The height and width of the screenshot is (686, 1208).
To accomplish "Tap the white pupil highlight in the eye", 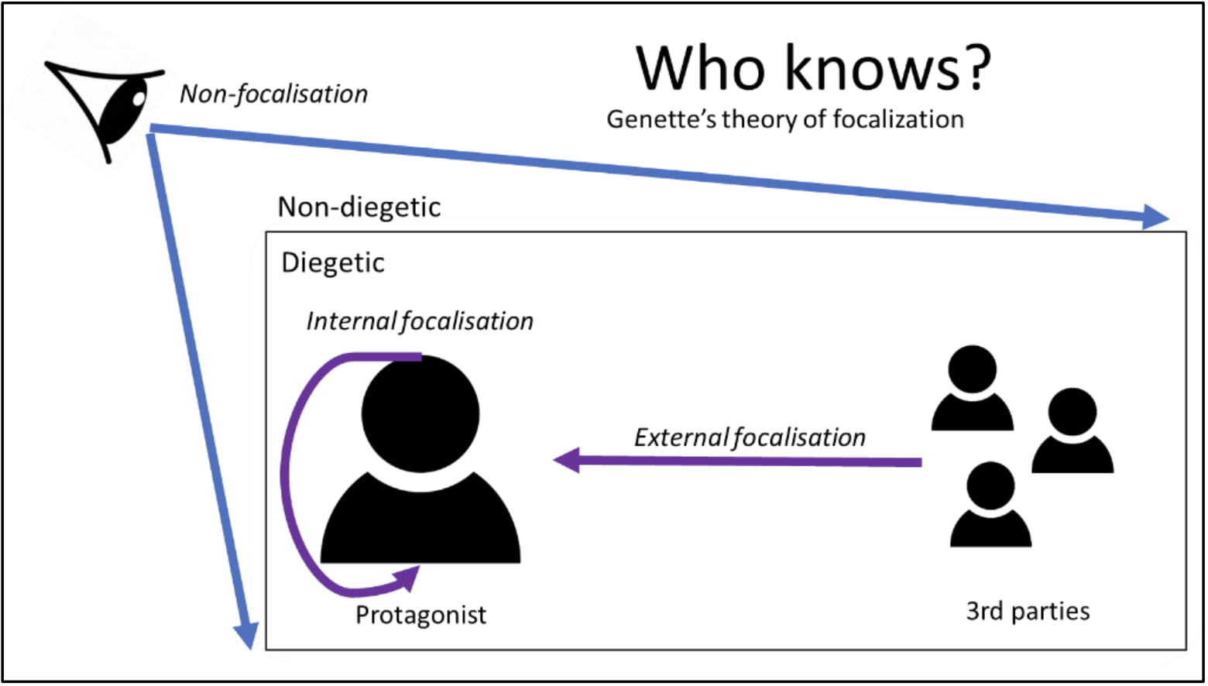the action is (139, 99).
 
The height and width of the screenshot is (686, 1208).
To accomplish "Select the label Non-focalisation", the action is (274, 94).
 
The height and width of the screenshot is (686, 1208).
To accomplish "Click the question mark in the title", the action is (974, 68).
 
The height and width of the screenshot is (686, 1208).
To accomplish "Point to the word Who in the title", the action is (701, 68).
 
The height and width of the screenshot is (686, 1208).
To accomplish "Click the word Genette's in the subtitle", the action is (661, 119).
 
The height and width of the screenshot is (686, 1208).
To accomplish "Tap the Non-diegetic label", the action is (359, 207).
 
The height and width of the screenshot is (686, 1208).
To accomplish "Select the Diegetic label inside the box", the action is (333, 263).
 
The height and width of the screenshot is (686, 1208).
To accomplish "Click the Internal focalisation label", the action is (420, 321).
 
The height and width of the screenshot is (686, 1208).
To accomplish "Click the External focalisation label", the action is (750, 437).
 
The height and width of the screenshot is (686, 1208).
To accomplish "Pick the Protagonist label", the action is (420, 615).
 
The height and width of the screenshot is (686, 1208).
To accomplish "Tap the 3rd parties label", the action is (1028, 612).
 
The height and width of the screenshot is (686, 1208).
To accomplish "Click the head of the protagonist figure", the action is (420, 413).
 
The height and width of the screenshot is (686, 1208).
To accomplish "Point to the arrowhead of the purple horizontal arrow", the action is (567, 461).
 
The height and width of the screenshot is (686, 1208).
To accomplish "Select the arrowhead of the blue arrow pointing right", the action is (1155, 218).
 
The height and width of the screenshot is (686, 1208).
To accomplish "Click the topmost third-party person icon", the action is (973, 388).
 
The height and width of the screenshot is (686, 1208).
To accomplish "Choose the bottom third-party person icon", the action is (990, 504).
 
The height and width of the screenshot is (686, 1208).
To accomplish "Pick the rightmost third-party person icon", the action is (1072, 430).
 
